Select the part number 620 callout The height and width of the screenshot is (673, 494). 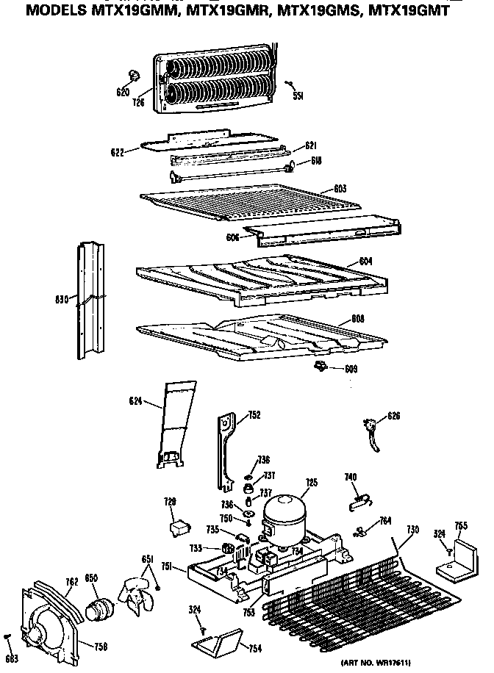tap(122, 92)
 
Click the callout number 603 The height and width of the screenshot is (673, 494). tap(339, 189)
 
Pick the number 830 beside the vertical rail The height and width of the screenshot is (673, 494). tap(61, 299)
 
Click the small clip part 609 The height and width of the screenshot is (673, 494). tap(320, 365)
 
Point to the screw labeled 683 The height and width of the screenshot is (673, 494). tap(8, 636)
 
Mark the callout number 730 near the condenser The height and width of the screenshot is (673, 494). tap(412, 530)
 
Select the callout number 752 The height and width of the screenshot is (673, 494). tap(254, 415)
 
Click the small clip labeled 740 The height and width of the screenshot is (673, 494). tap(358, 500)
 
